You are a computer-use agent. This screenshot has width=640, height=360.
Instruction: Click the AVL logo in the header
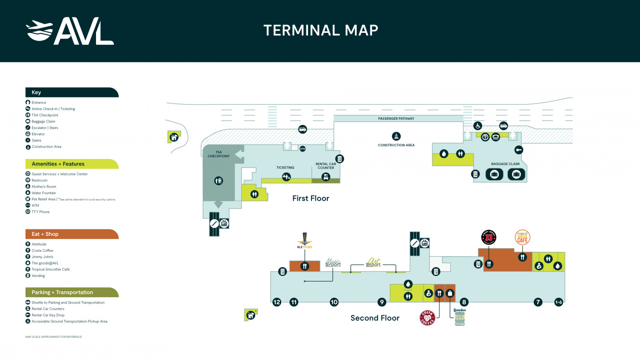point(70,31)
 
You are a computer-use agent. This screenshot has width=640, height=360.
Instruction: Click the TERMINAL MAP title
point(320,30)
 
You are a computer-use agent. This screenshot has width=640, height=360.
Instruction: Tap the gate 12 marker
point(277,302)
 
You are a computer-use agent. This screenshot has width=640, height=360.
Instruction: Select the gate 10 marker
point(334,302)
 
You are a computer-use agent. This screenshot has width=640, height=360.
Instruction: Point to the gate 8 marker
point(464,302)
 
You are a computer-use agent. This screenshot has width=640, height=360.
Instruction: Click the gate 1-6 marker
point(559,302)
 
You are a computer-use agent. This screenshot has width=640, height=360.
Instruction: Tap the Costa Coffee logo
point(427,318)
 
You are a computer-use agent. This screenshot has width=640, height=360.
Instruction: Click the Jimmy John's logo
point(489,237)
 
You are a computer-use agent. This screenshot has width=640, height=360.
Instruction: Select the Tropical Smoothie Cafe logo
point(522,238)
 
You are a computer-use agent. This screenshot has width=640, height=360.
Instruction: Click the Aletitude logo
point(305,241)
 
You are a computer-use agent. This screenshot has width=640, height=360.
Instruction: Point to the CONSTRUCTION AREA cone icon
point(396,136)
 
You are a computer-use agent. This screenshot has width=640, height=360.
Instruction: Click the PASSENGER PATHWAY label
point(396,119)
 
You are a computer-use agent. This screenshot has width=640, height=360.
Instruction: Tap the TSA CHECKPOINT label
point(218,154)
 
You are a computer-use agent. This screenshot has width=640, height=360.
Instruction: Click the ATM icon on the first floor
point(303,149)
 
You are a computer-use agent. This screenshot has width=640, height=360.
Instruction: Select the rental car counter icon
point(326,177)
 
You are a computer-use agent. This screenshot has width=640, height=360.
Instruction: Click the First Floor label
point(311,198)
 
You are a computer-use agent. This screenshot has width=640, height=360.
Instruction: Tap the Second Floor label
point(375,318)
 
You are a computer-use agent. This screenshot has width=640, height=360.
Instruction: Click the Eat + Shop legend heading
point(45,234)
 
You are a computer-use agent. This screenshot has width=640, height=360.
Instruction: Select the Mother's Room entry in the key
point(44,186)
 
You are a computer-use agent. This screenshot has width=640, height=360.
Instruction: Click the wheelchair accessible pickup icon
point(478,126)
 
